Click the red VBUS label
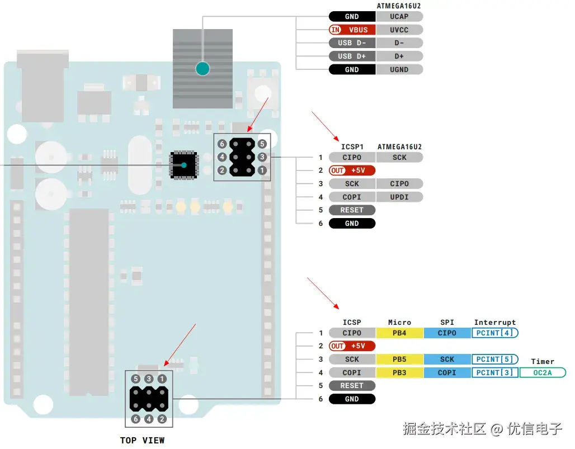coord(352,30)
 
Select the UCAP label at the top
coord(399,17)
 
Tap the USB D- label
coord(352,43)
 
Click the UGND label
coord(399,70)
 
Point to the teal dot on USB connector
coord(202,69)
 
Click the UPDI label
coord(399,197)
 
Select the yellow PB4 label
coord(399,333)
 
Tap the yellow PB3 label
coord(399,373)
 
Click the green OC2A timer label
coord(542,373)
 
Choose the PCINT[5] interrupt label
coord(495,360)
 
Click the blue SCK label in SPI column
coord(447,360)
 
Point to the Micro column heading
coord(399,323)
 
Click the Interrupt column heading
coord(495,323)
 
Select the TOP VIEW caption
coord(143,441)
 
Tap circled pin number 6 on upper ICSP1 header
coord(222,144)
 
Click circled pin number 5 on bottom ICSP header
coord(135,379)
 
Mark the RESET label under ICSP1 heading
coord(352,210)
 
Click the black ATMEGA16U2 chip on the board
coord(183,164)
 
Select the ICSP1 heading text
coord(352,147)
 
